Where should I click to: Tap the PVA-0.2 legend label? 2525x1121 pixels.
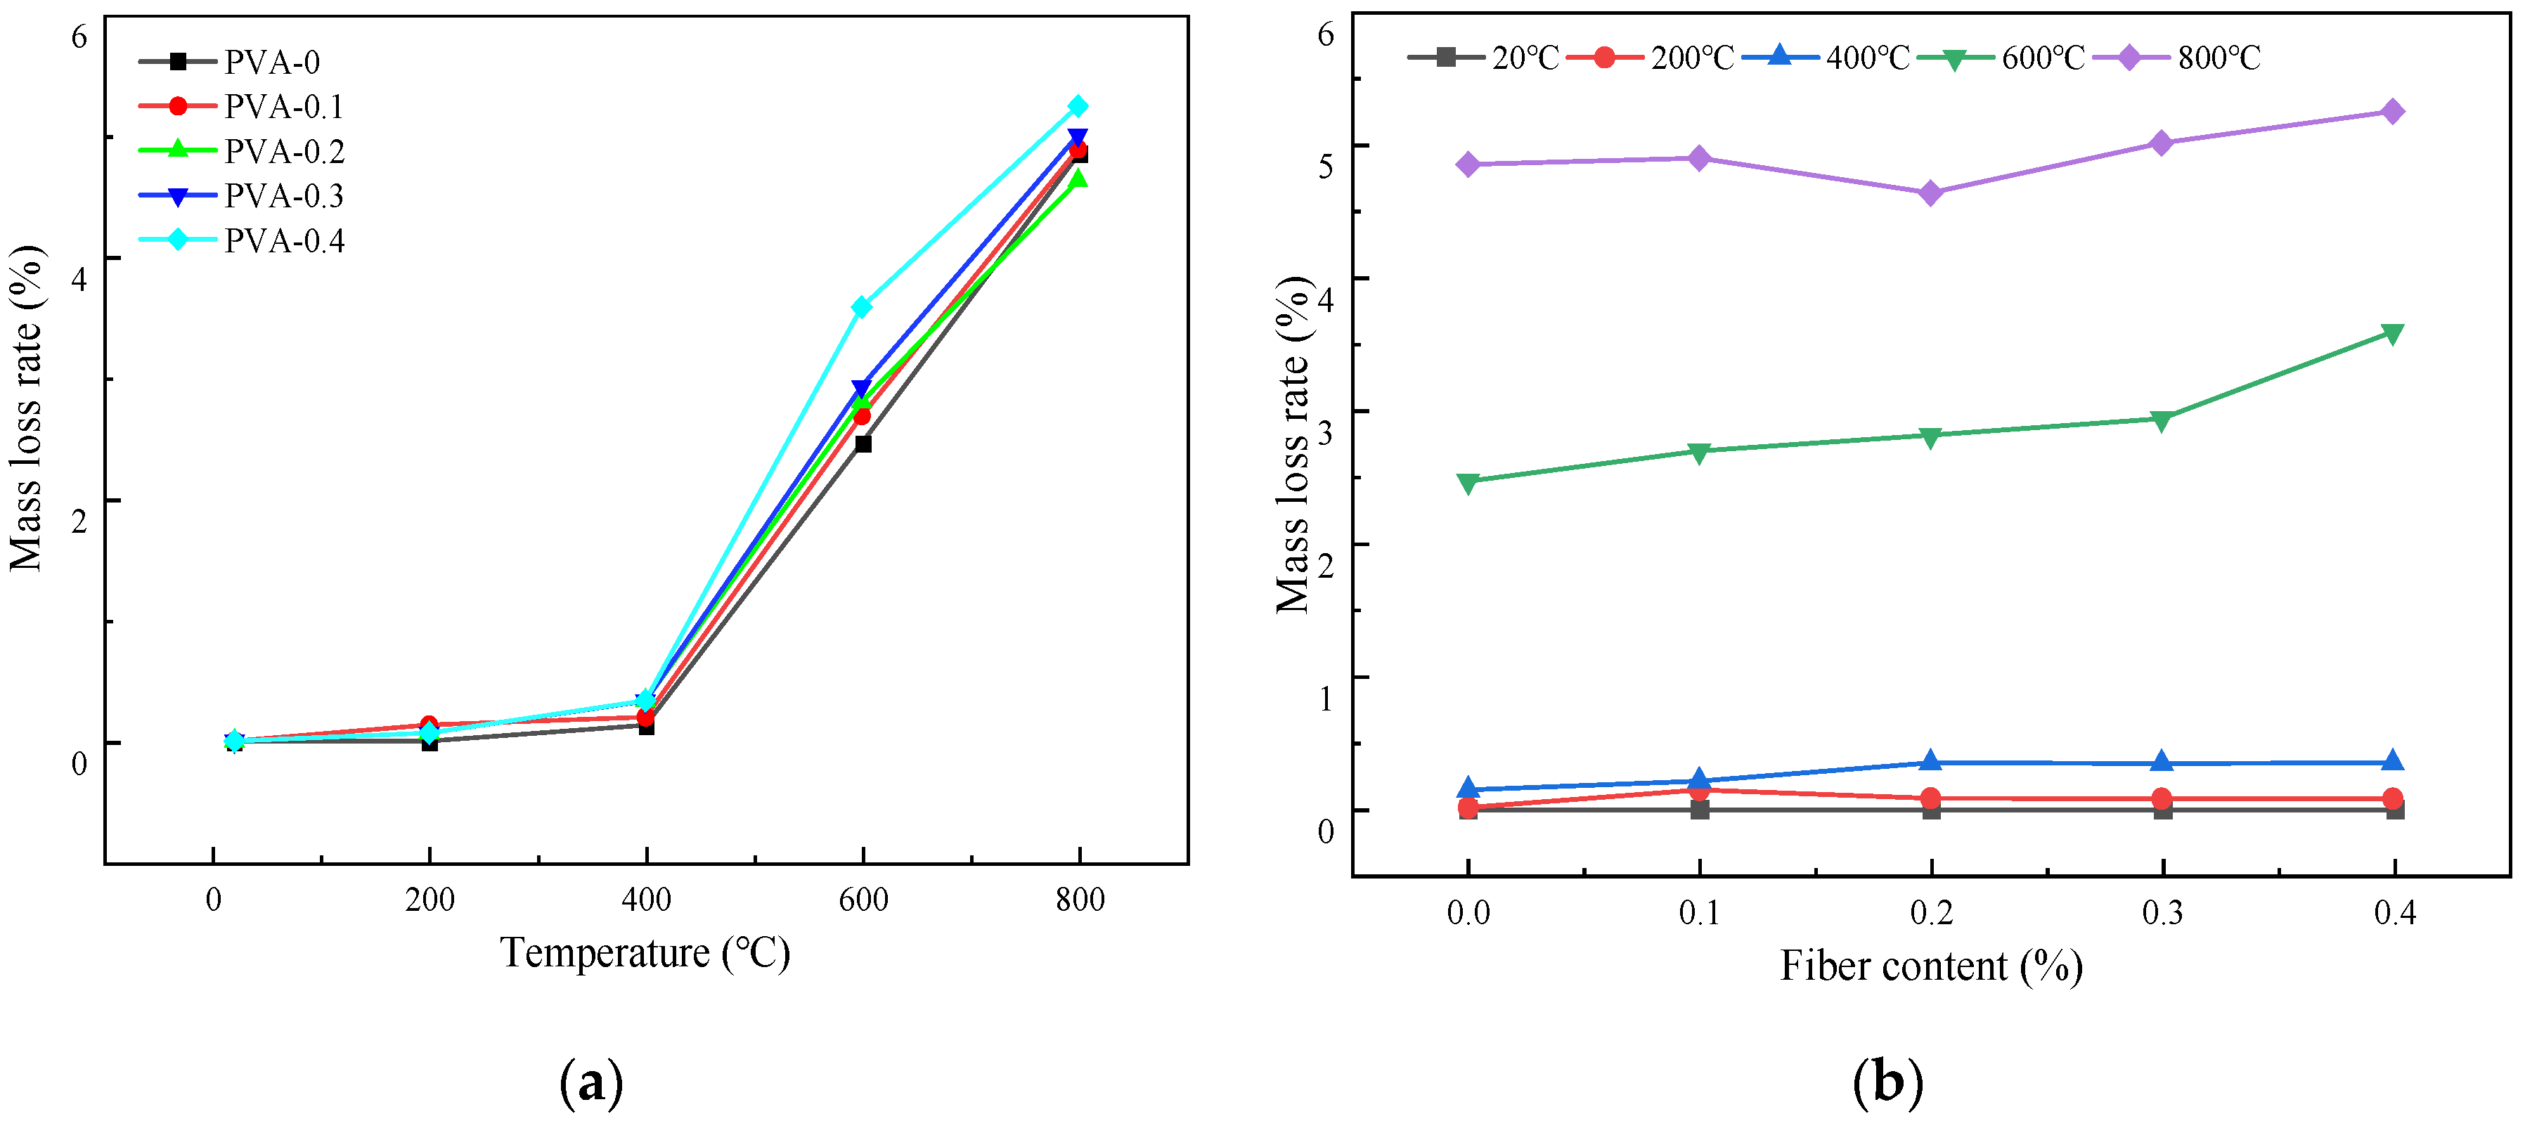[284, 152]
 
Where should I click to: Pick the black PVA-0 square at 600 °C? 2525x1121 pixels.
[863, 444]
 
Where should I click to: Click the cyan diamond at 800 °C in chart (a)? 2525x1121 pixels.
[1078, 106]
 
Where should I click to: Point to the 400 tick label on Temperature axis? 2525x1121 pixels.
[646, 900]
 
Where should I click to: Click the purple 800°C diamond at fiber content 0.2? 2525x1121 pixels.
[1931, 193]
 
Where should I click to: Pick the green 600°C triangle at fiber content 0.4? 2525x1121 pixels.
[2393, 334]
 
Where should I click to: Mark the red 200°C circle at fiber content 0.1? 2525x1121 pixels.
[1700, 790]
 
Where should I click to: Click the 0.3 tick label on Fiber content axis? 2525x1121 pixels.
[2162, 913]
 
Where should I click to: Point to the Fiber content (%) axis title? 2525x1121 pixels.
[1930, 967]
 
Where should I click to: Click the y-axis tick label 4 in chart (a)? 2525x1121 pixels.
[79, 278]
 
